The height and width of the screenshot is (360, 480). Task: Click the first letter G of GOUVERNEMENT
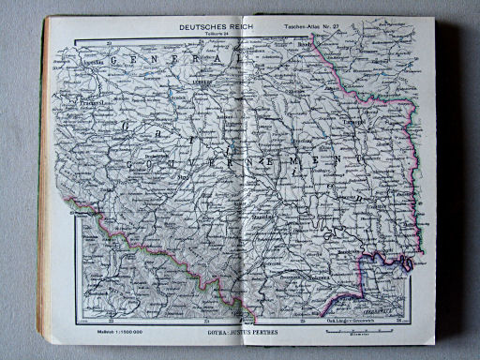click(x=122, y=166)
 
